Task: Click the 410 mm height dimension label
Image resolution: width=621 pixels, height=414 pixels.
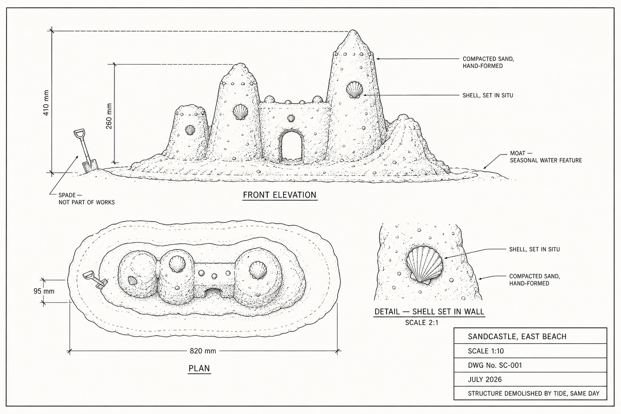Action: point(46,103)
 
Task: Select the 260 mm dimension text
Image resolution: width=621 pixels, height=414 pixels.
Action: point(109,116)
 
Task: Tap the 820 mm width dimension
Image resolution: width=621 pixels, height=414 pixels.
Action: point(203,351)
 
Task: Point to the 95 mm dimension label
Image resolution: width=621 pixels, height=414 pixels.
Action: point(44,291)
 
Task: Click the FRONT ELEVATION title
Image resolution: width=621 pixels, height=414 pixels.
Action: point(279,195)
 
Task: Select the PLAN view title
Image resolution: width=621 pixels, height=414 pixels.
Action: point(199,368)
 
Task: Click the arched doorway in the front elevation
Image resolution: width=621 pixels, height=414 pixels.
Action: point(291,146)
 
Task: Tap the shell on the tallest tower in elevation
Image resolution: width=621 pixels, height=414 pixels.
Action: point(354,90)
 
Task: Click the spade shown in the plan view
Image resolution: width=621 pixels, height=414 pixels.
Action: point(95,280)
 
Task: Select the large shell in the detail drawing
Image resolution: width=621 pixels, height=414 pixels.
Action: point(425,265)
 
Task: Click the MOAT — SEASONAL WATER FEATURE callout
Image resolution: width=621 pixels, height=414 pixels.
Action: point(545,157)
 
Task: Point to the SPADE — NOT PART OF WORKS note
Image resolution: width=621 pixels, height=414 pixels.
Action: point(87,199)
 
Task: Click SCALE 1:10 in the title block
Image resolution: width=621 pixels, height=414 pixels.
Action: point(486,351)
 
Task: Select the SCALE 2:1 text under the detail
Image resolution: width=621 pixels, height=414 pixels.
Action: point(422,323)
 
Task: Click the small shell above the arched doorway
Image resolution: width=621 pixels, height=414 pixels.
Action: point(291,118)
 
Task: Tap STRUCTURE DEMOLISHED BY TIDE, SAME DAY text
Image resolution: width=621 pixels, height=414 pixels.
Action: point(533,393)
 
